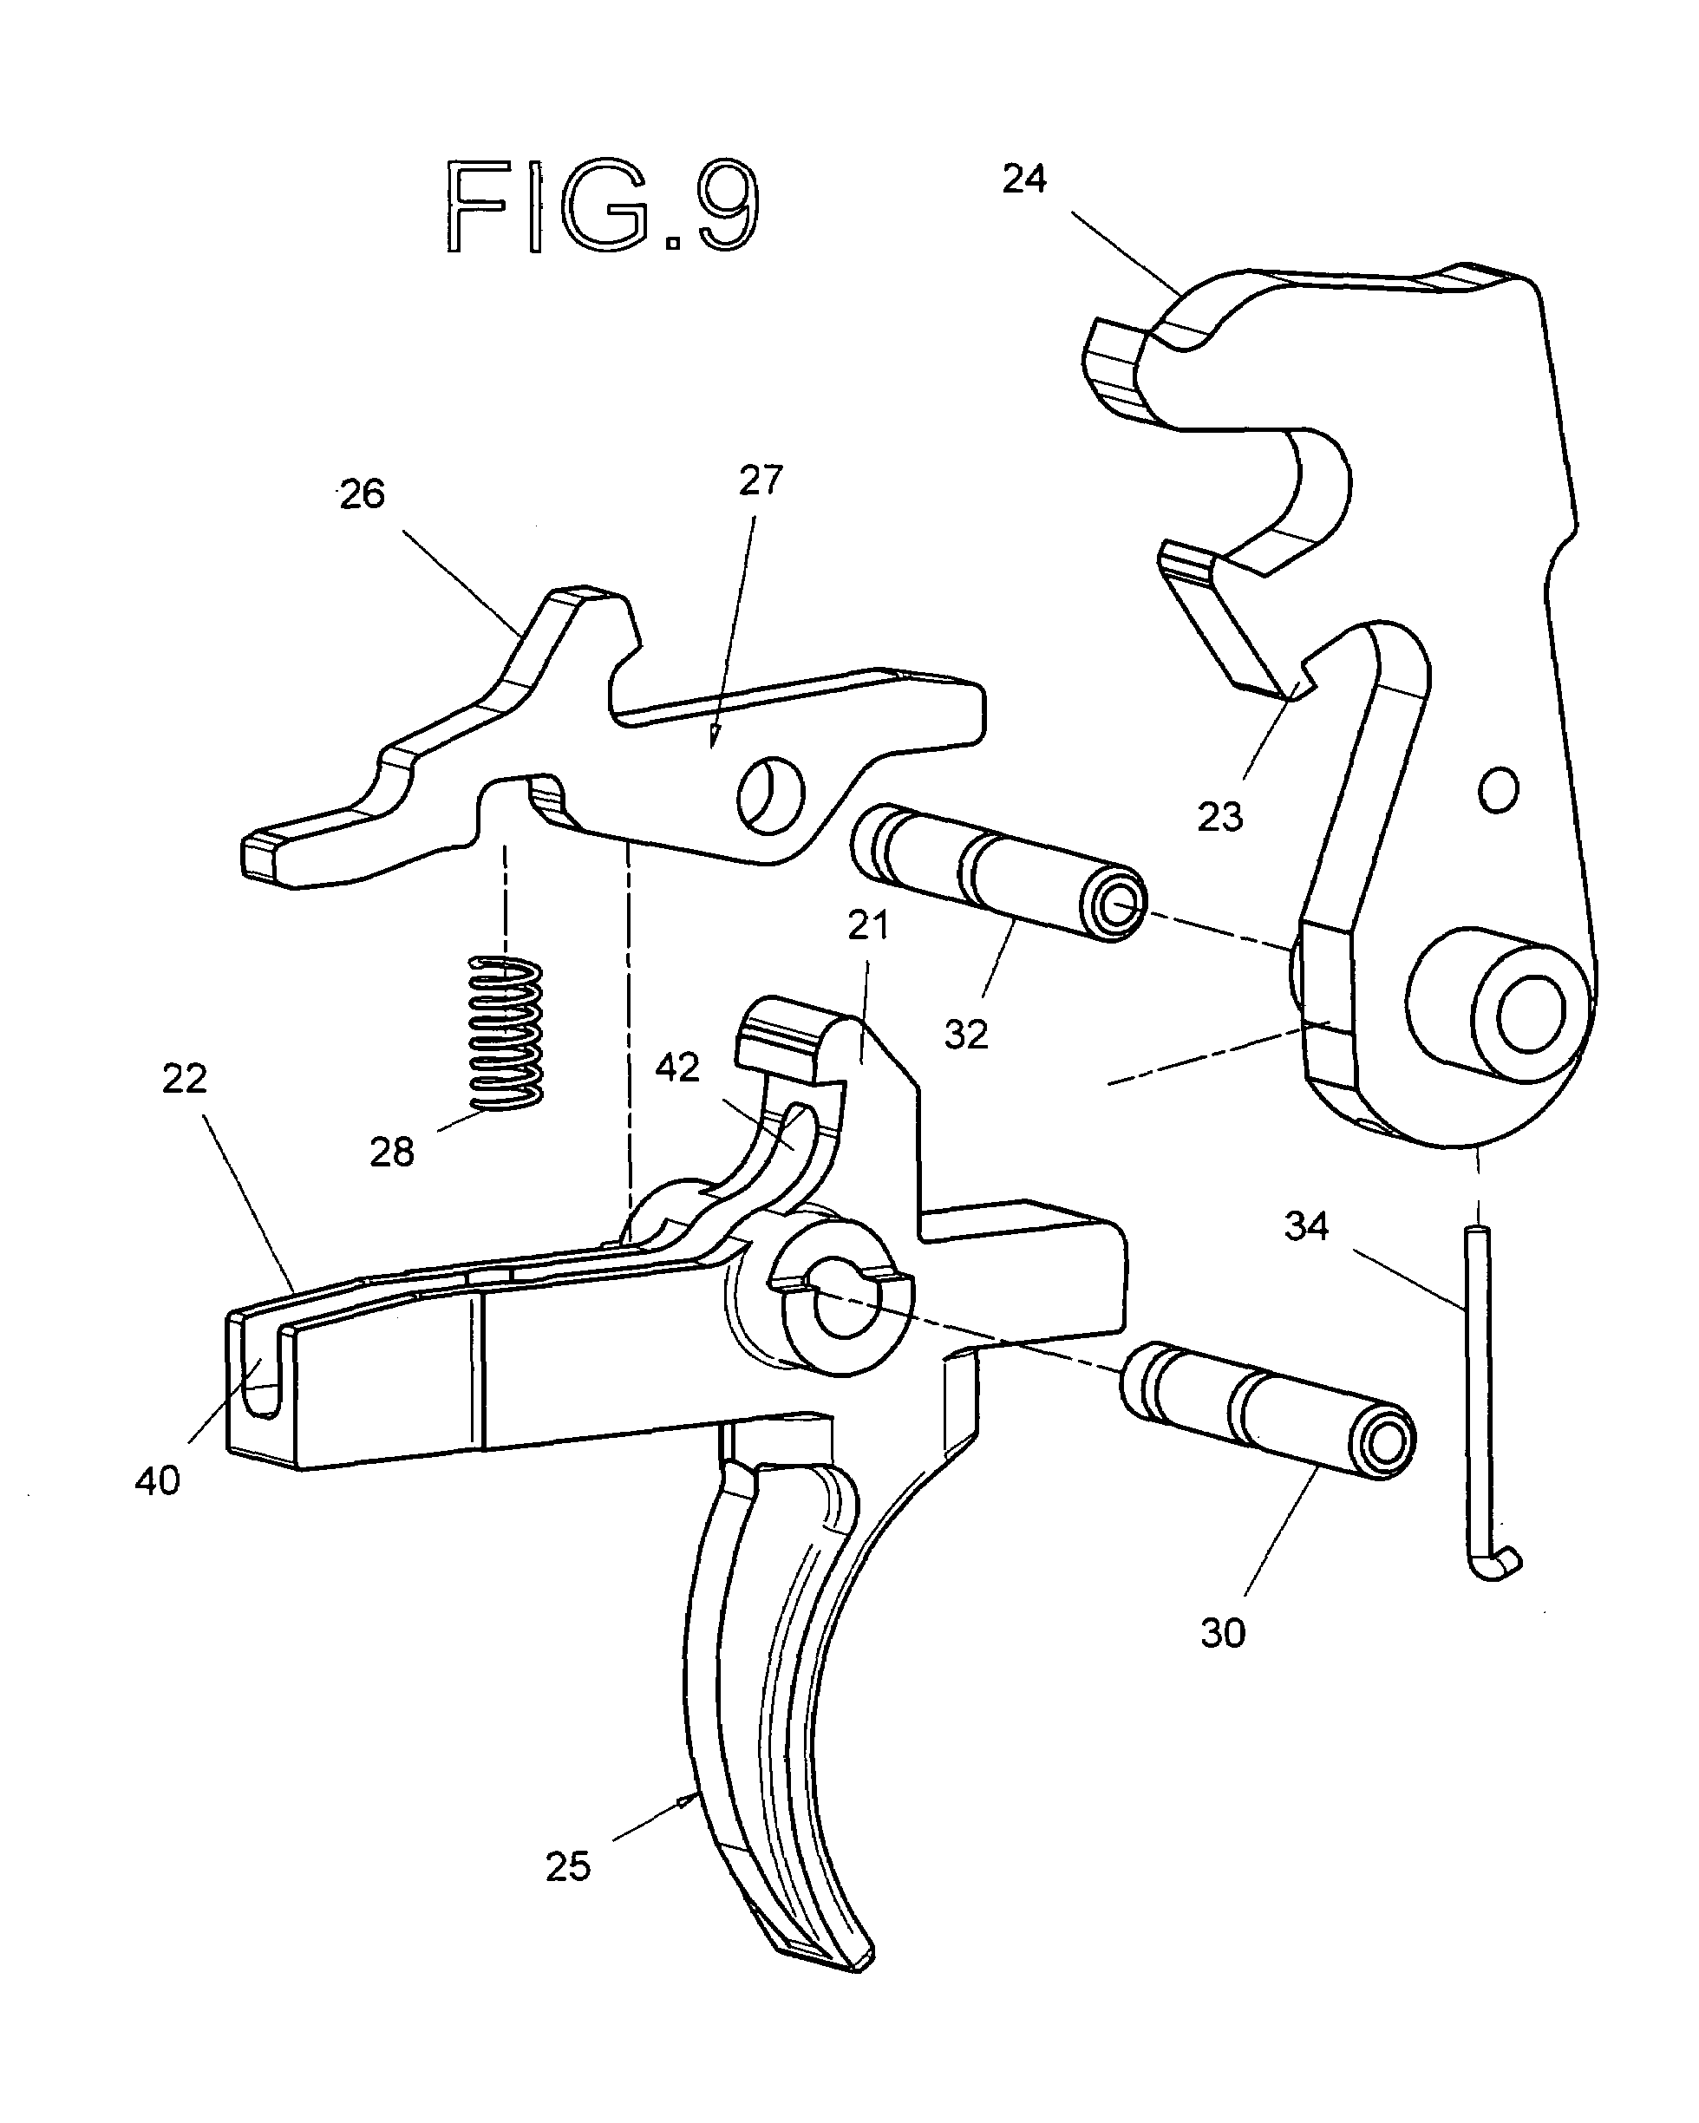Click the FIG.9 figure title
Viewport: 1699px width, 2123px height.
[603, 206]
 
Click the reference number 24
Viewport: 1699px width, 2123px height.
[1023, 180]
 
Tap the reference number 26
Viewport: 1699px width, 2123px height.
[362, 494]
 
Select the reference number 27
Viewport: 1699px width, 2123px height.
[761, 480]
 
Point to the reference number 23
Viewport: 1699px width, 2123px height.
[1220, 816]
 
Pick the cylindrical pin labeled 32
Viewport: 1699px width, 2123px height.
[997, 872]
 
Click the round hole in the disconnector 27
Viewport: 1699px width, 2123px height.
[771, 794]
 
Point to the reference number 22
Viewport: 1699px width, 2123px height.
[184, 1079]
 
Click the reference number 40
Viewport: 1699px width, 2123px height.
[158, 1481]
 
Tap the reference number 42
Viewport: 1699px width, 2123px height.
[676, 1068]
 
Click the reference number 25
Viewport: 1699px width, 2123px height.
[568, 1867]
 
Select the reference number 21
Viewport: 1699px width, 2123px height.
[868, 925]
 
